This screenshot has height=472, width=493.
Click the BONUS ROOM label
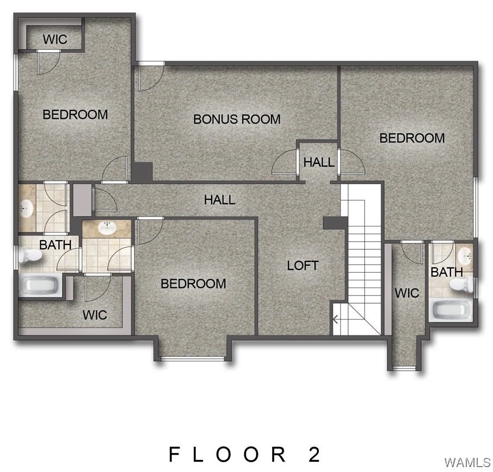coord(237,119)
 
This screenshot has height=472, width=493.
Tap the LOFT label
coord(303,266)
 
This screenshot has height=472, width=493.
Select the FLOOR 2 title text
coord(245,453)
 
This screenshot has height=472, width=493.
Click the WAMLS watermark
coord(467,462)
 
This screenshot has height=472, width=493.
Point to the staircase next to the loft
coord(362,256)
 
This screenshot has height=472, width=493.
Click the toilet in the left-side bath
coord(30,255)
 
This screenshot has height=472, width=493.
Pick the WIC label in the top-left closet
coord(54,40)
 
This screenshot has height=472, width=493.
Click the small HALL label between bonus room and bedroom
coord(319,162)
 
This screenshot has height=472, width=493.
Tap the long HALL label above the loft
coord(219,200)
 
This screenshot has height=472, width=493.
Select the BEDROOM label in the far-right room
coord(412,138)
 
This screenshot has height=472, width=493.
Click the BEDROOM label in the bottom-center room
coord(193,284)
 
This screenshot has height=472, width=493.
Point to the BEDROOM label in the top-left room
coord(75,114)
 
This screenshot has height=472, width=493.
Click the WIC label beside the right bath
coord(407,293)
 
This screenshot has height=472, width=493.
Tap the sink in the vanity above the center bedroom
coord(106,228)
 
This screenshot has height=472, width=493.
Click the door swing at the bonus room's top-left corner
coord(147,76)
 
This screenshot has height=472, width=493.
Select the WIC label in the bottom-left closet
coord(95,315)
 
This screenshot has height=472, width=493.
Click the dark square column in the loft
coord(335,223)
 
